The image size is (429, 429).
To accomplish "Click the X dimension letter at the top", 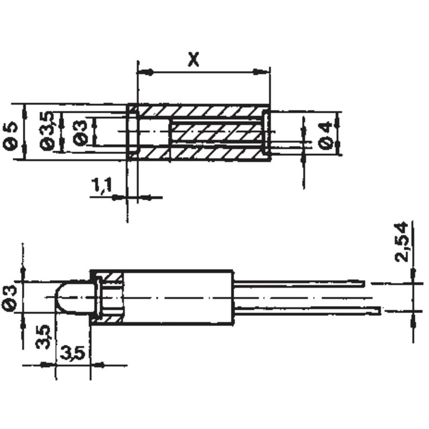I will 194,60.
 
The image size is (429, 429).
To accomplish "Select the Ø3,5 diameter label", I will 48,131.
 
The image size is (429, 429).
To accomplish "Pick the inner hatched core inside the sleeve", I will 214,133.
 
